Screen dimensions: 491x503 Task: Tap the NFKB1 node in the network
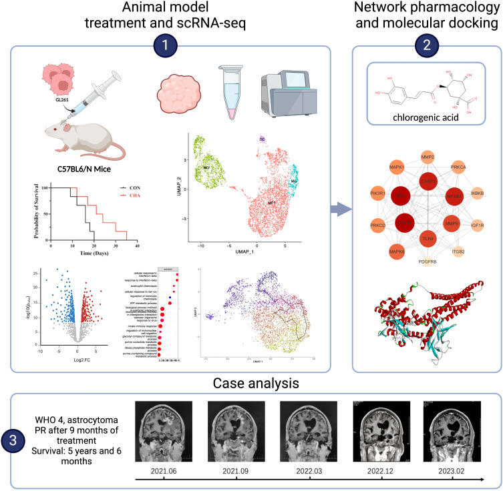455,197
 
